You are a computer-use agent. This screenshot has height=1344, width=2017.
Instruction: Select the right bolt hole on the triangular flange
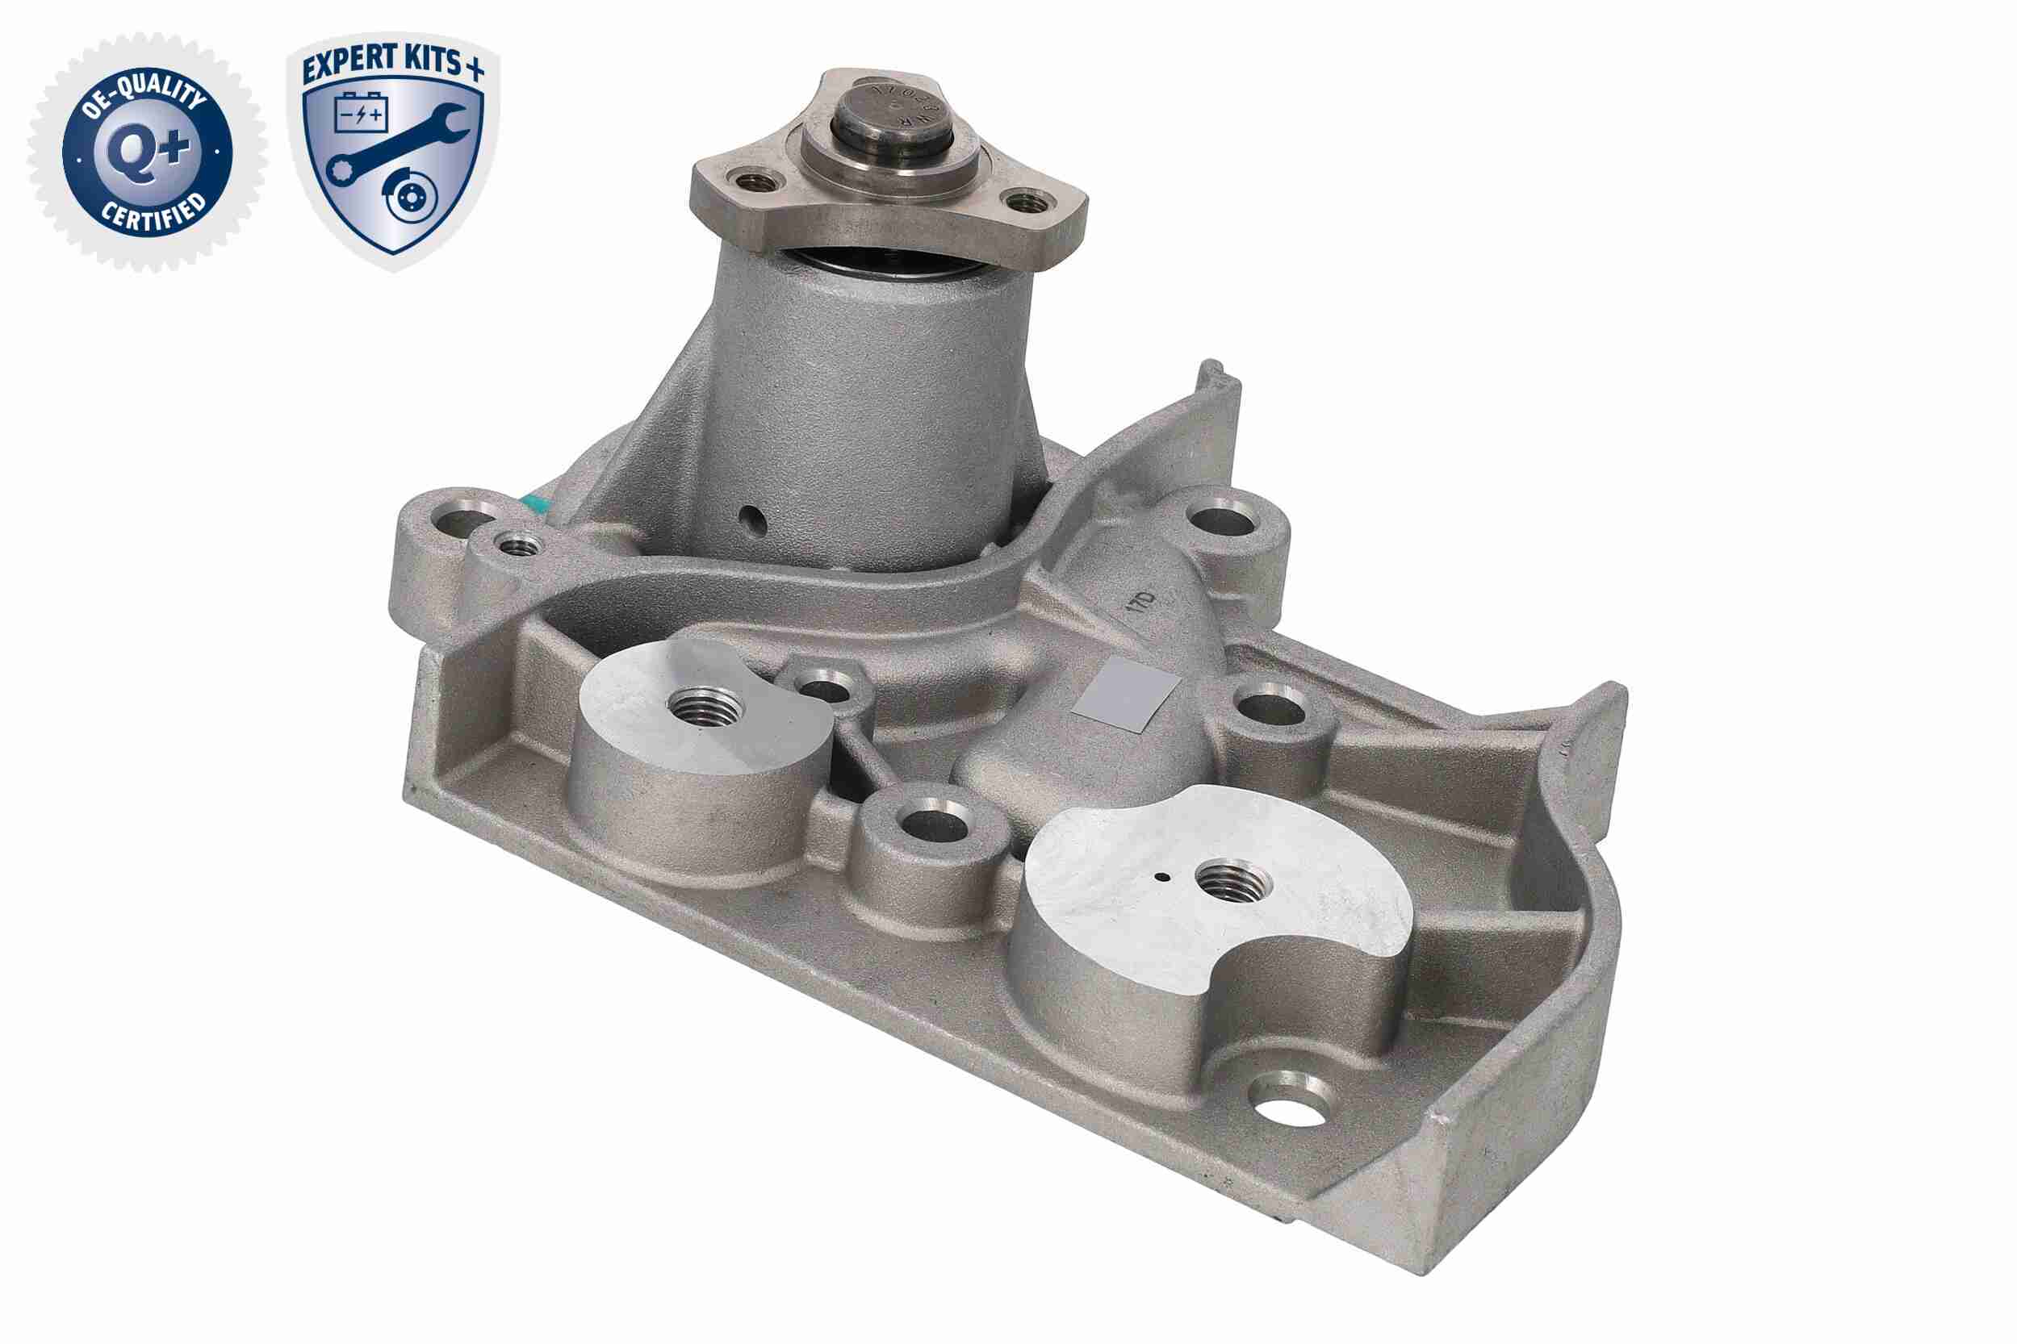(x=1026, y=202)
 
